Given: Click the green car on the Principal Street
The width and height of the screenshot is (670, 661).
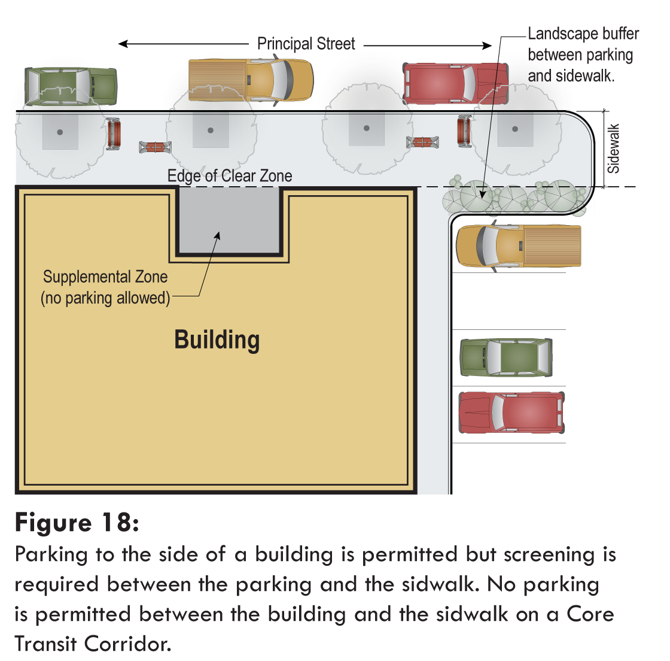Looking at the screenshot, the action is (x=71, y=86).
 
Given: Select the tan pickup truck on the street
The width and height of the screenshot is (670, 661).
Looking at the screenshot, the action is (x=251, y=80).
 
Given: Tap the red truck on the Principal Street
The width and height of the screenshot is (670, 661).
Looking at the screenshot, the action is (x=456, y=83).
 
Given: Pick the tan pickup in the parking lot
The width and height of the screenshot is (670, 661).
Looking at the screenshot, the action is (x=519, y=246).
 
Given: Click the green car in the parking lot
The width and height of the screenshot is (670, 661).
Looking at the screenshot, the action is (x=506, y=357).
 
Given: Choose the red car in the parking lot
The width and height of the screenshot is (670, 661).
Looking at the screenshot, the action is (x=511, y=413).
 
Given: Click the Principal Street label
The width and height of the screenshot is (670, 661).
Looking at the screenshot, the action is (x=306, y=44).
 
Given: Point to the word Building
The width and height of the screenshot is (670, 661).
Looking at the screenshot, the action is (x=217, y=340).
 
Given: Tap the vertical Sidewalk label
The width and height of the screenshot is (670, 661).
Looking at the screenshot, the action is (x=613, y=148).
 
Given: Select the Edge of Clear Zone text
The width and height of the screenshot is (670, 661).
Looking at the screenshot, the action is (x=230, y=175).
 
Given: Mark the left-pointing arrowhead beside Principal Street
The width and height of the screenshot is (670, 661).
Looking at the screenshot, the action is (x=123, y=44).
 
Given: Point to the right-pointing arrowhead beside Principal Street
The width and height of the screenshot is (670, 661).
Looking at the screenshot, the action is (x=487, y=46).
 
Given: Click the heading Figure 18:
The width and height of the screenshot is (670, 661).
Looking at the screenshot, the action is (x=77, y=522).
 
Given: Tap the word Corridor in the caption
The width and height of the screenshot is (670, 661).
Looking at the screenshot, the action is (x=127, y=644).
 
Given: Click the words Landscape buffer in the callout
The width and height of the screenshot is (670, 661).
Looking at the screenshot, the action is (x=583, y=34).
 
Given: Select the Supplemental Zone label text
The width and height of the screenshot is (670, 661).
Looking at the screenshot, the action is (x=105, y=277).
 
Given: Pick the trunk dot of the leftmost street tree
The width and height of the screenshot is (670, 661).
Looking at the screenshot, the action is (x=60, y=132).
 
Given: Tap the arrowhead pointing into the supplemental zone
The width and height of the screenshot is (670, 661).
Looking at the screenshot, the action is (x=218, y=236).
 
